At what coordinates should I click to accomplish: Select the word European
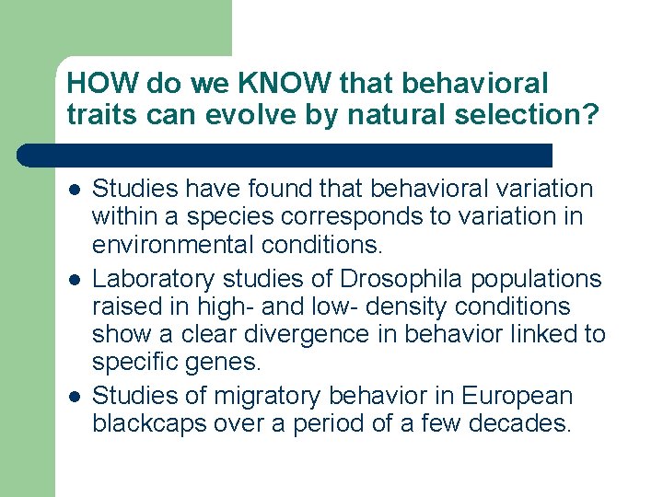pos(518,397)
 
